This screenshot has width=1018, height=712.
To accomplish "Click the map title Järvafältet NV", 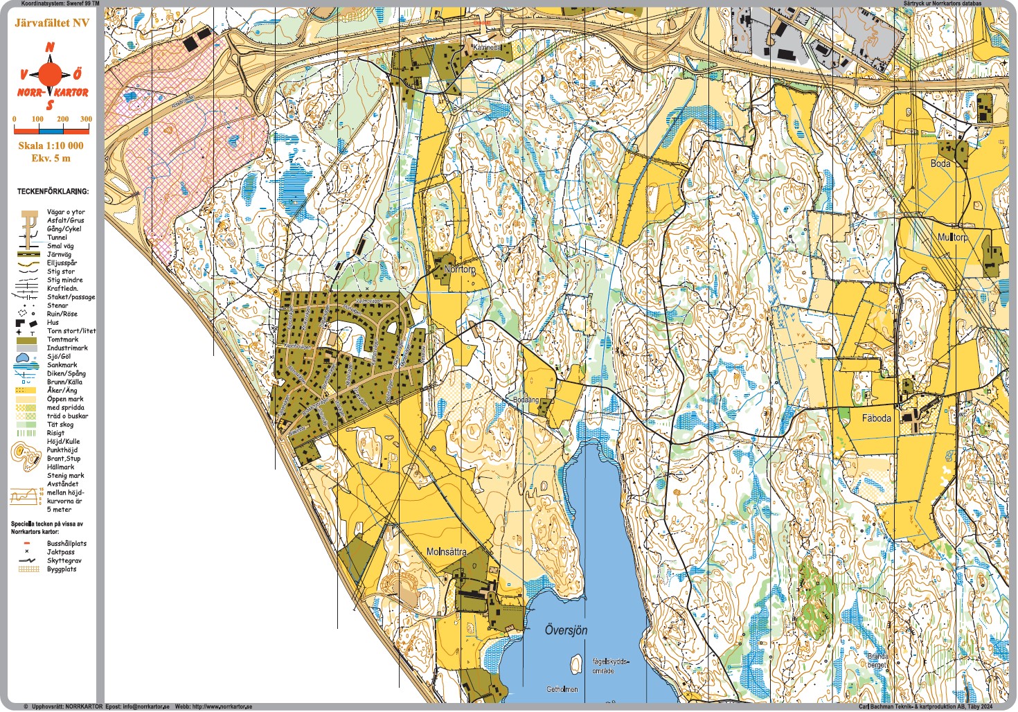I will pyautogui.click(x=52, y=23).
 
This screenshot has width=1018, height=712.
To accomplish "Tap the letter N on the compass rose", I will pyautogui.click(x=50, y=48).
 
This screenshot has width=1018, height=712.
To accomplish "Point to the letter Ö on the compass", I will pyautogui.click(x=78, y=73).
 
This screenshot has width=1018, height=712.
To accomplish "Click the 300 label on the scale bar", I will pyautogui.click(x=86, y=119).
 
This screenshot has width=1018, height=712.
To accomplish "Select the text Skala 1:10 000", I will pyautogui.click(x=51, y=145).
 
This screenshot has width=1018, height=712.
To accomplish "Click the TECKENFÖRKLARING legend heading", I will pyautogui.click(x=53, y=191).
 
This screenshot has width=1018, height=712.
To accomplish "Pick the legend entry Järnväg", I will pyautogui.click(x=59, y=255).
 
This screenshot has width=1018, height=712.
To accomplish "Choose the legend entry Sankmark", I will pyautogui.click(x=62, y=365).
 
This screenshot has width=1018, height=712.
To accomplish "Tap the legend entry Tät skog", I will pyautogui.click(x=60, y=425).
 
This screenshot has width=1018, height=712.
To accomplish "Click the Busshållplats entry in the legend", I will pyautogui.click(x=66, y=544).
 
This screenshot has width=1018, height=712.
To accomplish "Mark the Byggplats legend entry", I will pyautogui.click(x=62, y=569).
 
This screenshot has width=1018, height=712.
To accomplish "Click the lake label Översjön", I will pyautogui.click(x=566, y=630).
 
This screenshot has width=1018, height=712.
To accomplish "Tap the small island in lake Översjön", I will pyautogui.click(x=575, y=664).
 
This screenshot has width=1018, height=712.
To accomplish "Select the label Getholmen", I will pyautogui.click(x=562, y=690).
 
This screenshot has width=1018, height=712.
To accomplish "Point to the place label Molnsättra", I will pyautogui.click(x=446, y=552).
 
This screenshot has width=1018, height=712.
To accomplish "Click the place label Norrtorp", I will pyautogui.click(x=460, y=269).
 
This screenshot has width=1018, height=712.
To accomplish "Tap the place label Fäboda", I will pyautogui.click(x=876, y=418).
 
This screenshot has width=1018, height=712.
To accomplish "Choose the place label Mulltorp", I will pyautogui.click(x=952, y=237).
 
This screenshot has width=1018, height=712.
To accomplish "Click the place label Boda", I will pyautogui.click(x=940, y=163).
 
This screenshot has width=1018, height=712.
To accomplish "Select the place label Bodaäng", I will pyautogui.click(x=526, y=400).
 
